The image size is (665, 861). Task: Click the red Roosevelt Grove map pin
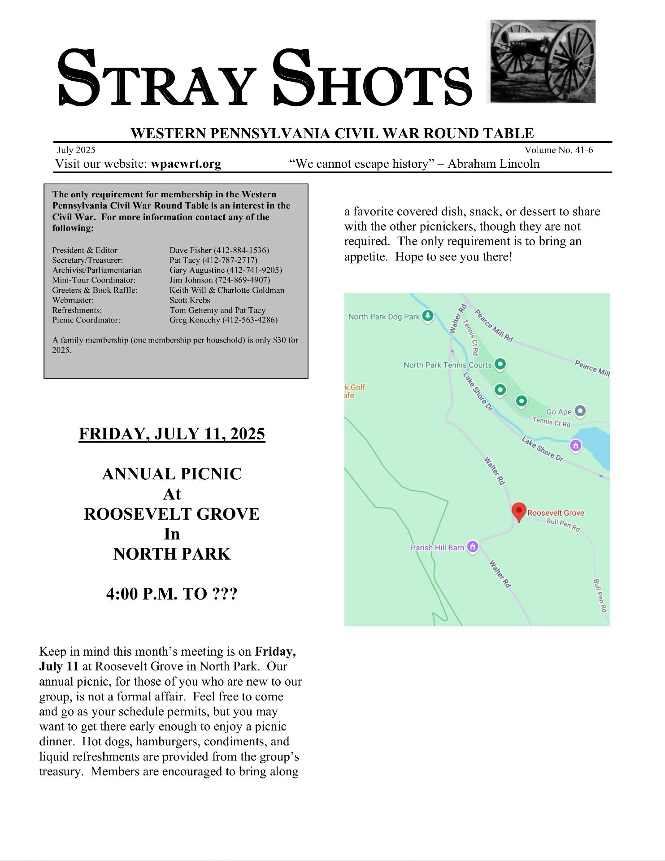[x=519, y=512]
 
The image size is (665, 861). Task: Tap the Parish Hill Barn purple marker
[x=473, y=547]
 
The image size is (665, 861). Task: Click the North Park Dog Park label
[x=384, y=317]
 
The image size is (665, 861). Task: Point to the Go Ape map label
[x=559, y=412]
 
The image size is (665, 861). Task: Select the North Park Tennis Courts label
[x=448, y=365]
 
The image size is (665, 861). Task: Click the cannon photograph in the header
[x=543, y=61]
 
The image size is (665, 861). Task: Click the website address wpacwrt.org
[x=186, y=164]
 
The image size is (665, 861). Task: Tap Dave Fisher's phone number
[x=241, y=250]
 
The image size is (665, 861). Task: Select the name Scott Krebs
[x=190, y=300]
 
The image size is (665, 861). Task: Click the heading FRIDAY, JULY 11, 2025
[x=172, y=434]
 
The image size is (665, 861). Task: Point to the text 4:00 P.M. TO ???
[x=172, y=594]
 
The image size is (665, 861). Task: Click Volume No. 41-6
[x=559, y=150]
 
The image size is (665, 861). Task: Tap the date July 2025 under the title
[x=76, y=150]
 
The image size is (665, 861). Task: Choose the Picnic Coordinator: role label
[x=86, y=320]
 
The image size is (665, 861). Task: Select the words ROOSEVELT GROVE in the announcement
[x=172, y=514]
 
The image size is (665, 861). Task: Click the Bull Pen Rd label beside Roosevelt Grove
[x=564, y=524]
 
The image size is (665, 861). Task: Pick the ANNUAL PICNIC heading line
[x=172, y=474]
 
